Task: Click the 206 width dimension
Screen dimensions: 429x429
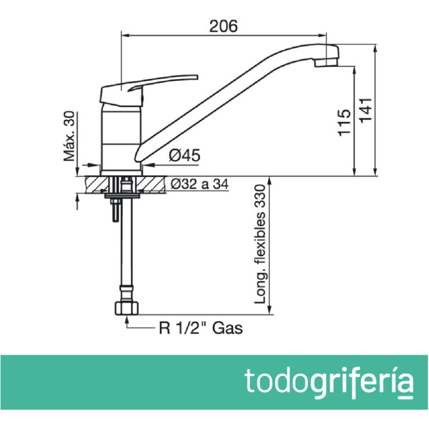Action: pos(223,26)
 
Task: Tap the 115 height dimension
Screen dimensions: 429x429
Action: pos(345,121)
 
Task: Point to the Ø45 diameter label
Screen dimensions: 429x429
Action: pos(184,156)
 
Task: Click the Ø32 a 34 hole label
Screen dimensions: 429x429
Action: pos(199,183)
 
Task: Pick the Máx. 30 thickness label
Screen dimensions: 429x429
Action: pos(69,136)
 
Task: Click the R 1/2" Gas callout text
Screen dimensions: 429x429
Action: pos(201,328)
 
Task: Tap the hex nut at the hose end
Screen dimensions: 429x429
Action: pos(128,307)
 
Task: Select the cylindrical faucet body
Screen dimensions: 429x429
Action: pos(120,137)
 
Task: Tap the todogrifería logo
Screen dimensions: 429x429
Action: pos(330,382)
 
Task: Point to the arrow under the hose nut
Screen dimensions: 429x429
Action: pos(128,320)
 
